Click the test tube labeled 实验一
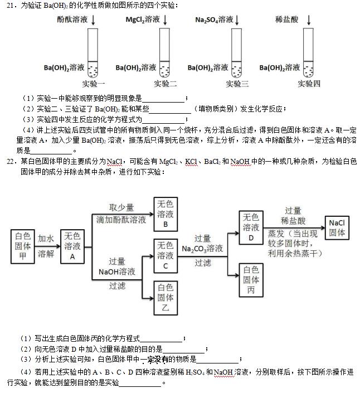click(x=93, y=52)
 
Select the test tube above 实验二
click(x=164, y=52)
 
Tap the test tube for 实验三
click(x=237, y=52)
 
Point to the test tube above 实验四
click(x=308, y=52)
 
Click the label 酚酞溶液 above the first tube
click(x=72, y=20)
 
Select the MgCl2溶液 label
click(x=143, y=20)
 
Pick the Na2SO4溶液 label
click(x=214, y=20)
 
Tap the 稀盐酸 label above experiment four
click(x=286, y=20)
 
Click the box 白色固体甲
click(x=23, y=245)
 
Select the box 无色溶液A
click(x=72, y=245)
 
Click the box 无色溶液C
click(x=166, y=255)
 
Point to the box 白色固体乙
click(x=166, y=297)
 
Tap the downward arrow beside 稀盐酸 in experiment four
click(x=309, y=20)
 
